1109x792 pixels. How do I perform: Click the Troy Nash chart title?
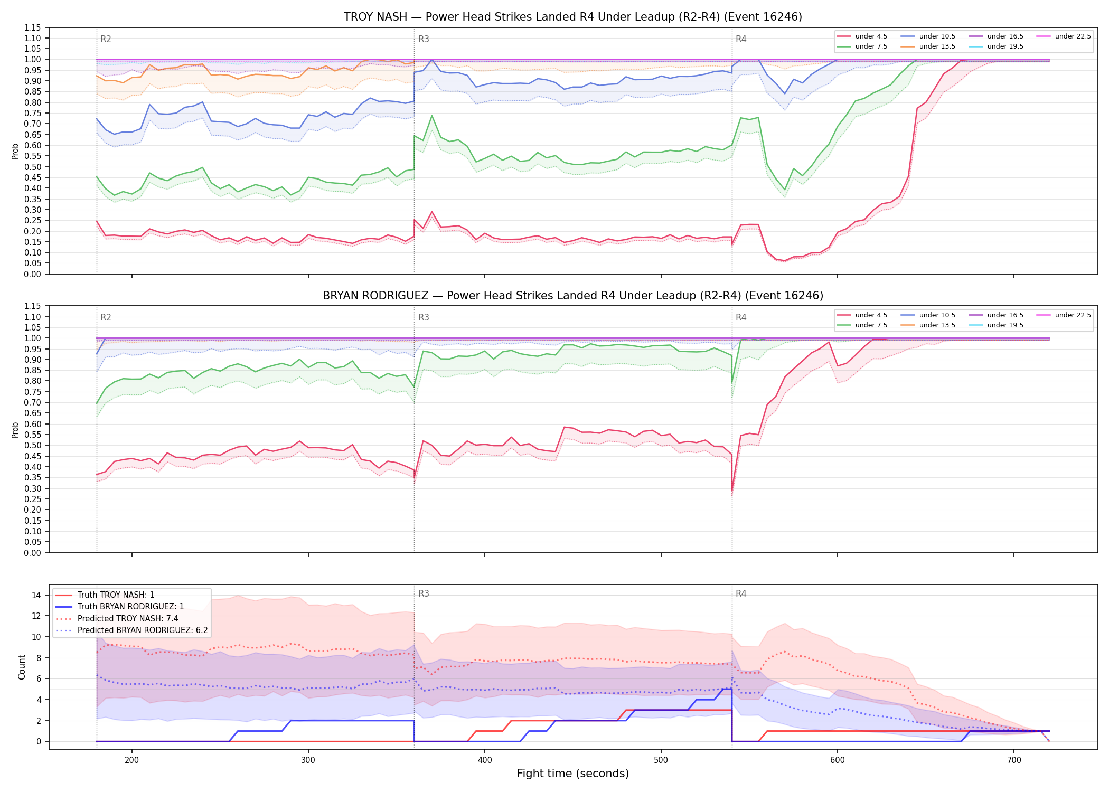pos(572,17)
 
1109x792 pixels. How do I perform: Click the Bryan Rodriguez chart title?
pos(572,296)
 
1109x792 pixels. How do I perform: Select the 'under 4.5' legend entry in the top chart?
pos(862,36)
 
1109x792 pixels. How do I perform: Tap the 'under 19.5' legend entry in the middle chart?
pos(996,325)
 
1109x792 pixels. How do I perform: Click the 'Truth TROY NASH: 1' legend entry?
pos(105,595)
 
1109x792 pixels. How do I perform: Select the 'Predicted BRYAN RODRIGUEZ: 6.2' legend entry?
pos(131,630)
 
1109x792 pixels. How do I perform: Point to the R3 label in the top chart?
pos(424,39)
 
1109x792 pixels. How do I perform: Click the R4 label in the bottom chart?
pos(741,593)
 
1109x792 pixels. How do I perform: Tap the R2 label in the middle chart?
pos(106,317)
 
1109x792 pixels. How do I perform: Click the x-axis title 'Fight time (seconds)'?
pos(573,774)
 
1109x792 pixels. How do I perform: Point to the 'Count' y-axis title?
pos(22,667)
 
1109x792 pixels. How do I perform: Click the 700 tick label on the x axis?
pos(1014,760)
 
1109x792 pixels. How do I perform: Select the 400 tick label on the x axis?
pos(485,760)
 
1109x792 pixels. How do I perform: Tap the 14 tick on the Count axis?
pos(36,595)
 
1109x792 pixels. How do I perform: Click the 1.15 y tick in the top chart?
pos(33,27)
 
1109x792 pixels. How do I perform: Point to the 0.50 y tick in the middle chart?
pos(33,445)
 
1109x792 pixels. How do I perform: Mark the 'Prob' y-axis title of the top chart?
pos(15,151)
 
